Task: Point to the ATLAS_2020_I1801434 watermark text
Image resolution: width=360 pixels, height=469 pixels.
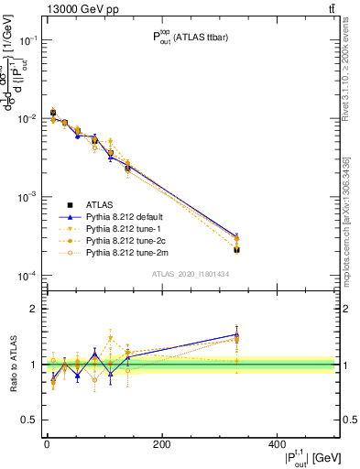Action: click(x=191, y=274)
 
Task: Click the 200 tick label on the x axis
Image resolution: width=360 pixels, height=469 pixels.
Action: click(x=162, y=444)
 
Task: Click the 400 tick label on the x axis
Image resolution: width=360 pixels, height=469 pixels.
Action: click(x=278, y=444)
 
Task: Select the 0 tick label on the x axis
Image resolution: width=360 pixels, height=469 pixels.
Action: click(x=47, y=444)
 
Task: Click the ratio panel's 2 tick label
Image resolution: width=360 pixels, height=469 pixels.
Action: click(x=34, y=309)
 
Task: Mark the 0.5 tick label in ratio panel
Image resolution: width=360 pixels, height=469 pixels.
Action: click(x=30, y=420)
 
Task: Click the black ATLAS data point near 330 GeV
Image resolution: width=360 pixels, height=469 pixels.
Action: click(x=236, y=249)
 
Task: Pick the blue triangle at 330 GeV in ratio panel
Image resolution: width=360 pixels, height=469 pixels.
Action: click(x=236, y=335)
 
